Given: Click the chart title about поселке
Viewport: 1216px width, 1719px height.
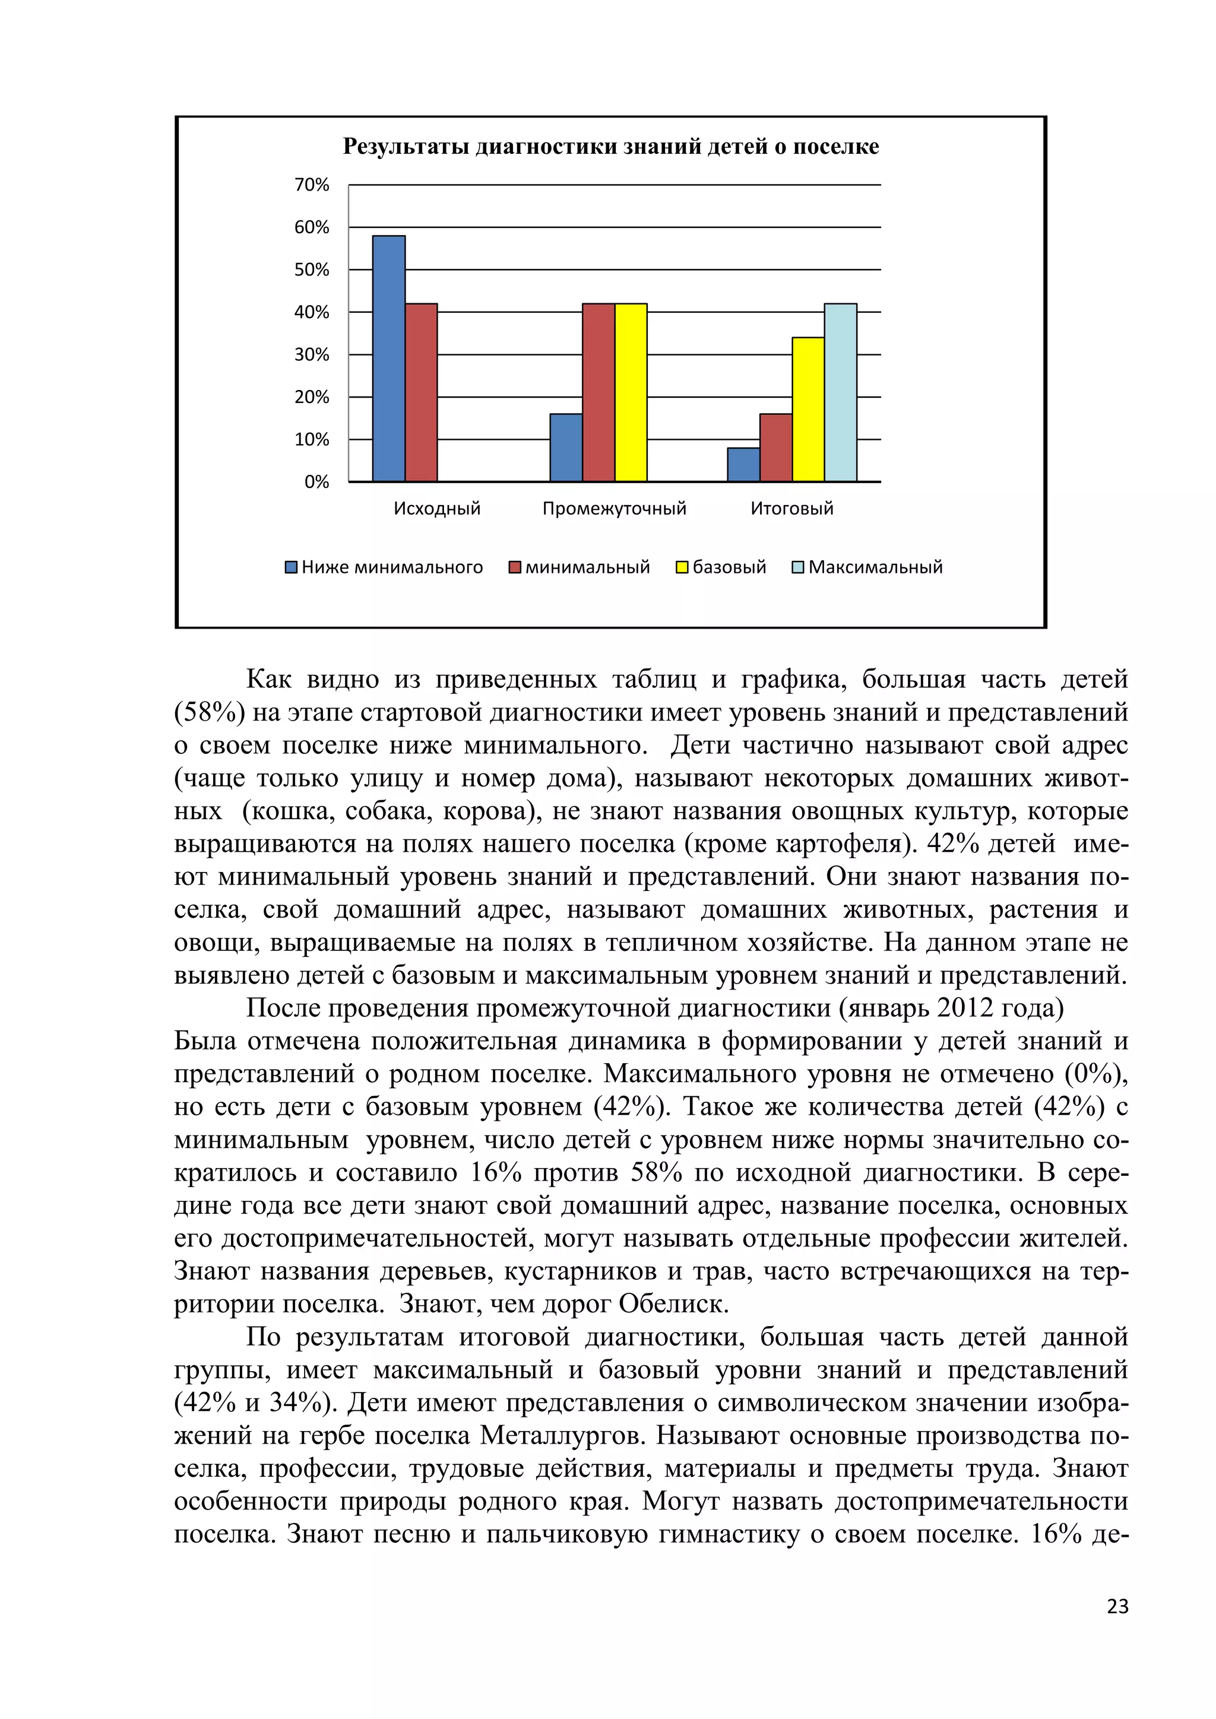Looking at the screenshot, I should [x=610, y=147].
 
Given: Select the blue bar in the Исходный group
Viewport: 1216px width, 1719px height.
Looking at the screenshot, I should [x=389, y=359].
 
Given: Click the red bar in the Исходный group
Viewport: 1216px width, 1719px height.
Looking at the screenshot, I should [x=421, y=392].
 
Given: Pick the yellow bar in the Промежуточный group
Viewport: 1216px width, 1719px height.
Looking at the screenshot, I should [x=631, y=392].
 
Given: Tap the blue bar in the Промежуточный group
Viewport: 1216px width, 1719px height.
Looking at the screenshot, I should [x=566, y=448].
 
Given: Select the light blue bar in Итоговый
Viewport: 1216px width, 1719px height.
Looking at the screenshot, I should [x=840, y=392].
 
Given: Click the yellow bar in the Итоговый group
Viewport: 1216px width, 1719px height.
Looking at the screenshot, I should [x=808, y=410].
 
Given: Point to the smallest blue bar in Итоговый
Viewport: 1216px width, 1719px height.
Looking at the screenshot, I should [x=743, y=465].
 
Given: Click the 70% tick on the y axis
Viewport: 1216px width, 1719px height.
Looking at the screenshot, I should [x=312, y=185].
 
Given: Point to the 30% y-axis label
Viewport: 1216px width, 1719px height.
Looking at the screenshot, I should [x=312, y=355].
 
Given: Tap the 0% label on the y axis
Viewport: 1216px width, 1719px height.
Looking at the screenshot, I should [x=316, y=482].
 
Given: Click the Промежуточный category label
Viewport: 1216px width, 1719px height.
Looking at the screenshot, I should [x=614, y=509].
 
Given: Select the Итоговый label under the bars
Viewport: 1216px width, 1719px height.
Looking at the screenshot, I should [x=791, y=509].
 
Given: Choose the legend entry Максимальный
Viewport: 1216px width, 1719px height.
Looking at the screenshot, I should [x=875, y=567].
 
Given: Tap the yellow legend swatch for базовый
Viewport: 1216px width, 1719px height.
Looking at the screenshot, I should [x=682, y=567].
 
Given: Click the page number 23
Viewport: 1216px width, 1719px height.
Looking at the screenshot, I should [x=1116, y=1607].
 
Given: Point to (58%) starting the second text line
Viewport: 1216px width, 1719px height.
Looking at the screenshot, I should [x=209, y=712].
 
